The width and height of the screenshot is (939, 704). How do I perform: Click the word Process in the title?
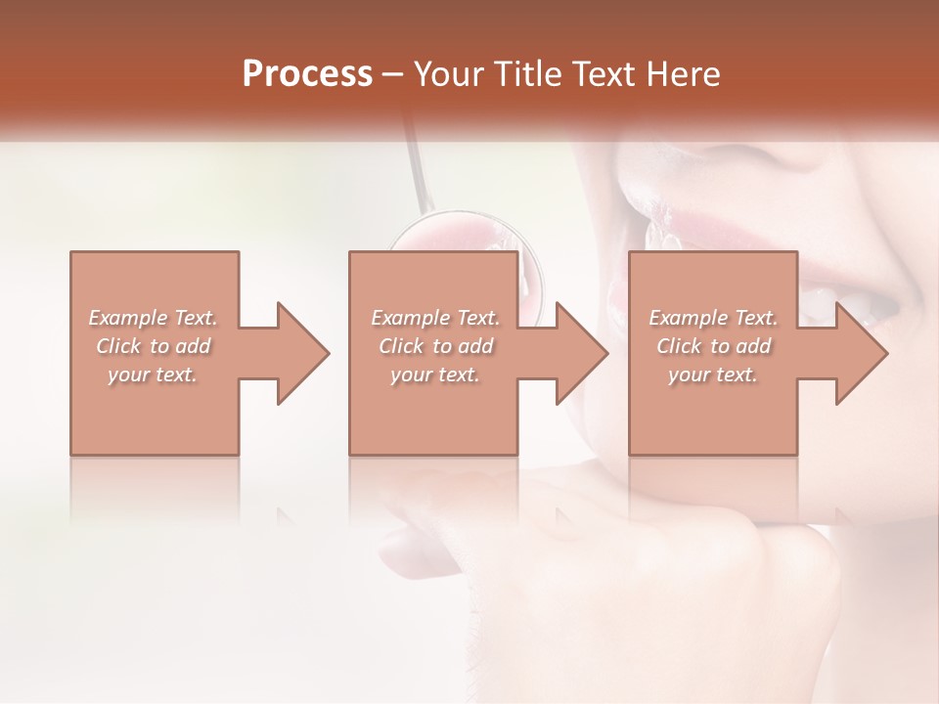point(307,73)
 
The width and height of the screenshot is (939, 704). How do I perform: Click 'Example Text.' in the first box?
point(153,318)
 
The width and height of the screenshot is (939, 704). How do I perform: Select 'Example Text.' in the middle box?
point(434,318)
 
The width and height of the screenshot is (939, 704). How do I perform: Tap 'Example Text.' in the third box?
point(713,318)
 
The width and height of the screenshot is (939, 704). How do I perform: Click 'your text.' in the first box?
point(153,374)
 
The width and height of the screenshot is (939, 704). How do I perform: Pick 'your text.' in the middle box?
point(434,374)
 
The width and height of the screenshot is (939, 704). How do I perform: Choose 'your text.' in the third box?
point(713,374)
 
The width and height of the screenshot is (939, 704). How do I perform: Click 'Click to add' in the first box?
point(153,346)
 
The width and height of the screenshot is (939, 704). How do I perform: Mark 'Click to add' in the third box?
point(713,346)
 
